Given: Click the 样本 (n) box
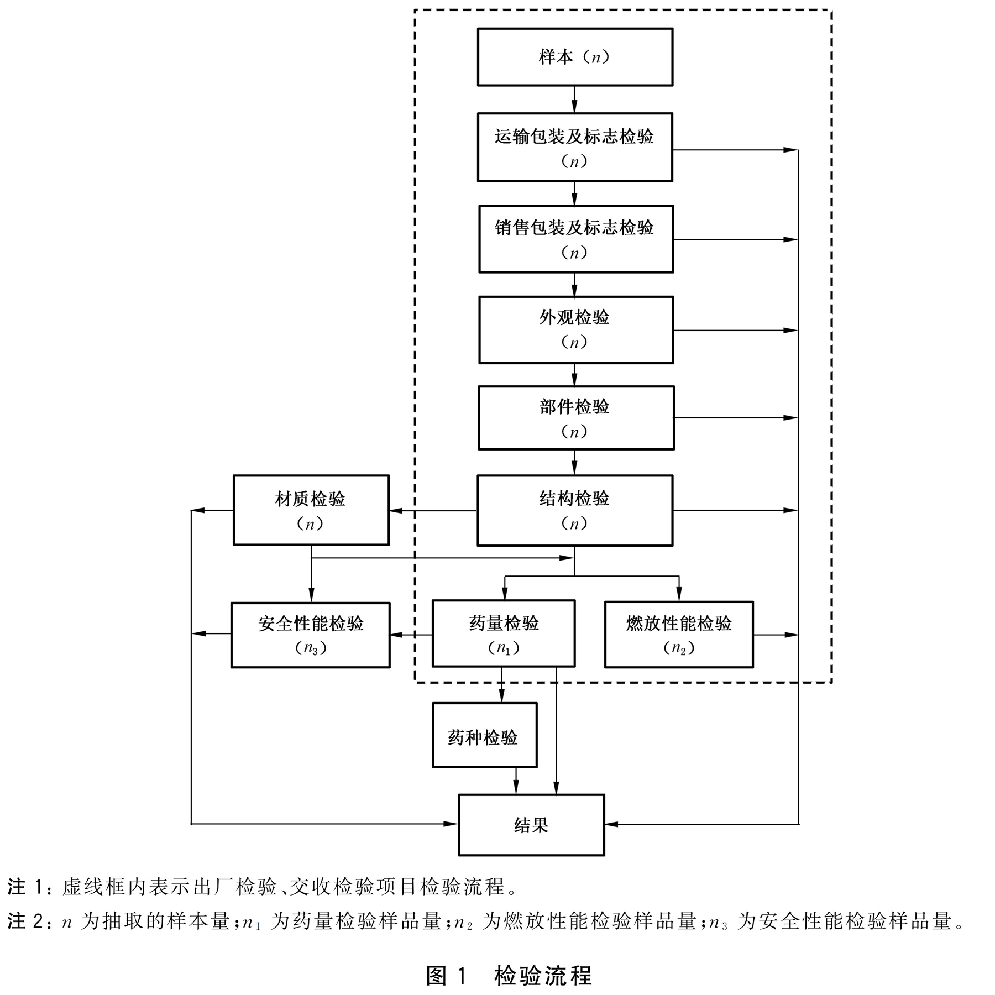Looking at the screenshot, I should pyautogui.click(x=575, y=57).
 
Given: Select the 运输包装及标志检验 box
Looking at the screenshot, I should pyautogui.click(x=575, y=147).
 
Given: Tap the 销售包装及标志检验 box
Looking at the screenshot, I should pyautogui.click(x=575, y=239).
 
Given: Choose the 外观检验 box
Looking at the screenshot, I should pyautogui.click(x=575, y=329).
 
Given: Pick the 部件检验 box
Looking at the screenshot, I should pyautogui.click(x=575, y=418).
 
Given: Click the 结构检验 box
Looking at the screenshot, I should pyautogui.click(x=575, y=510).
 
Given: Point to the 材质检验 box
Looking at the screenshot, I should pyautogui.click(x=311, y=510).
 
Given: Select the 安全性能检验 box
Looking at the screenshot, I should pyautogui.click(x=310, y=635).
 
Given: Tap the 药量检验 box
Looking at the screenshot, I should pyautogui.click(x=503, y=633).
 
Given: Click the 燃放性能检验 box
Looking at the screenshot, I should pyautogui.click(x=679, y=635).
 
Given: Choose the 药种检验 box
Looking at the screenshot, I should pyautogui.click(x=484, y=735).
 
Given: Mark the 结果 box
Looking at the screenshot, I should pyautogui.click(x=531, y=825).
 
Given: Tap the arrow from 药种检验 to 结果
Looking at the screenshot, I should pyautogui.click(x=516, y=781).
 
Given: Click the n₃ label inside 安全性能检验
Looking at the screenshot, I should pyautogui.click(x=311, y=648).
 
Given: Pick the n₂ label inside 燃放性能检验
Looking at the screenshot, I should pyautogui.click(x=679, y=648).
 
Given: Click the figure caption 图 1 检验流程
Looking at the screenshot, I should pyautogui.click(x=509, y=976).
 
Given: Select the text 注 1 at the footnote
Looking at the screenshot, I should pyautogui.click(x=25, y=887).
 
